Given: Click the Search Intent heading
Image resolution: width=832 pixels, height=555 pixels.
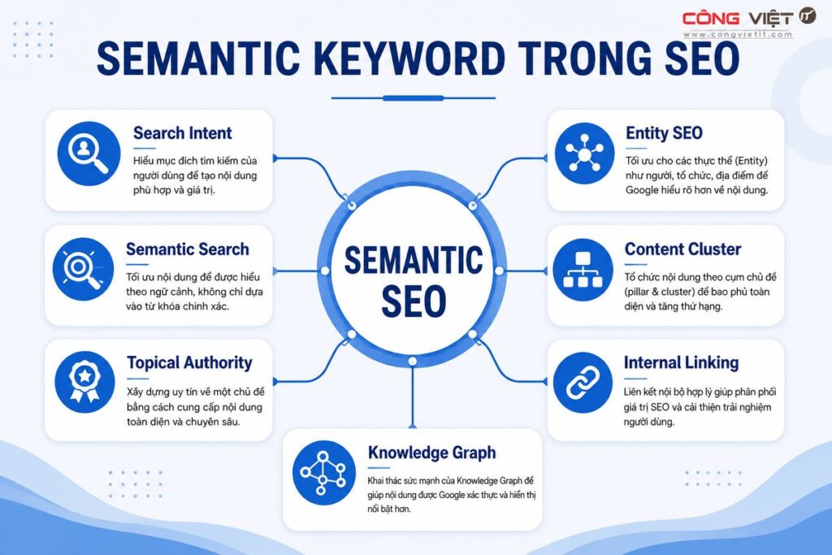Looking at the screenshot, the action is pos(183,132).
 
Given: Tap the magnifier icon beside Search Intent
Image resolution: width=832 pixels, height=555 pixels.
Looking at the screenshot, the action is pos(89,154).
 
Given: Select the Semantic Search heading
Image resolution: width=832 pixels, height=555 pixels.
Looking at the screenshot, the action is pos(188,249).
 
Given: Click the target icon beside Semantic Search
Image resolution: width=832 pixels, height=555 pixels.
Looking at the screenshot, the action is pos(84,269).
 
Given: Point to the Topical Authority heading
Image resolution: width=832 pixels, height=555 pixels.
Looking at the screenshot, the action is pos(189,363).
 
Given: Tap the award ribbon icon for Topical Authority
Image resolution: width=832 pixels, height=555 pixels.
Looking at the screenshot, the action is pos(84,382).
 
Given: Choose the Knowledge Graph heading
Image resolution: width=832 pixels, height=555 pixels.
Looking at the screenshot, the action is pos(432,453).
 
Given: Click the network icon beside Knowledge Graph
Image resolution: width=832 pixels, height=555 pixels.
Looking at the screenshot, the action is pos(323,473).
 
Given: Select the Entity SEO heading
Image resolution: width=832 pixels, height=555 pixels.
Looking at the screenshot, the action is pos(664,132).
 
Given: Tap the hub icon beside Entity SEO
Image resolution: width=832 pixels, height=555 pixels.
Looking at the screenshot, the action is pos(585,154).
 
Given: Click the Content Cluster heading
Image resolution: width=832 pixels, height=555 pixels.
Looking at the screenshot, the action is pos(682,249).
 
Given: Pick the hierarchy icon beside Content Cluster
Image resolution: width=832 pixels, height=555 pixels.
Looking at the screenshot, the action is pos(583,270).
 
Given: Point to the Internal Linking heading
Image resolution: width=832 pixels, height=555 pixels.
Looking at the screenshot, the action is pos(682,362).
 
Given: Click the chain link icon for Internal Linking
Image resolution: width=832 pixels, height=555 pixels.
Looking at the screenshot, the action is pos(583,383).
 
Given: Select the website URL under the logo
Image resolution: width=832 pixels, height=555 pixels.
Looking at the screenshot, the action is pos(738,34).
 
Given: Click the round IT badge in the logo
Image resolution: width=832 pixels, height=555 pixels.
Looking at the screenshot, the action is pos(808,16).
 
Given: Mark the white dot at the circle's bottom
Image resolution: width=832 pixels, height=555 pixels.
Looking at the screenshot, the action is pos(412,362).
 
